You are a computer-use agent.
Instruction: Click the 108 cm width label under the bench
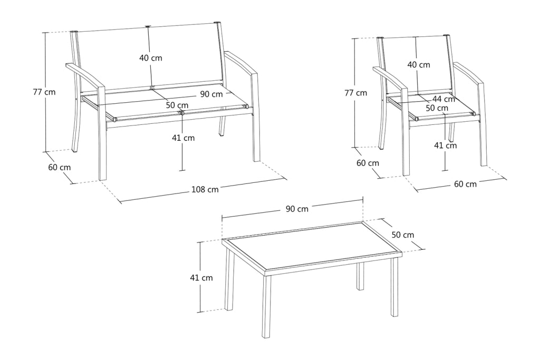pyautogui.click(x=205, y=189)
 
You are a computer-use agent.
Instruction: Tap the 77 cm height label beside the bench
pyautogui.click(x=44, y=92)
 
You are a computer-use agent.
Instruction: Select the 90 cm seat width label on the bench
pyautogui.click(x=211, y=94)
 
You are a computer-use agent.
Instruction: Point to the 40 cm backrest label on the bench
pyautogui.click(x=150, y=58)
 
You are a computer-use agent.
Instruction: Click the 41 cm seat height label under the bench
pyautogui.click(x=183, y=138)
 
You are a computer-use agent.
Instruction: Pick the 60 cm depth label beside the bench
pyautogui.click(x=59, y=167)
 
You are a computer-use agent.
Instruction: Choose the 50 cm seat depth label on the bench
pyautogui.click(x=177, y=105)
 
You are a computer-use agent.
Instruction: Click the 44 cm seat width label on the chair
pyautogui.click(x=444, y=99)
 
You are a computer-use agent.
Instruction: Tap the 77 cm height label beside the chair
pyautogui.click(x=356, y=93)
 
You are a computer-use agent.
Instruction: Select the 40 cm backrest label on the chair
pyautogui.click(x=419, y=64)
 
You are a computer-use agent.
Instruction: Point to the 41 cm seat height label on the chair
pyautogui.click(x=445, y=145)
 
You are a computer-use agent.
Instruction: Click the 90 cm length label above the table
pyautogui.click(x=297, y=209)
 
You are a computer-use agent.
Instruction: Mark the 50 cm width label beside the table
pyautogui.click(x=403, y=235)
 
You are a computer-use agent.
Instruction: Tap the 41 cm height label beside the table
pyautogui.click(x=201, y=277)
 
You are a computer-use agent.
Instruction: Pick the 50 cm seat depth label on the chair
pyautogui.click(x=437, y=108)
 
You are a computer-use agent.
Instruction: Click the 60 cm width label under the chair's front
pyautogui.click(x=465, y=184)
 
